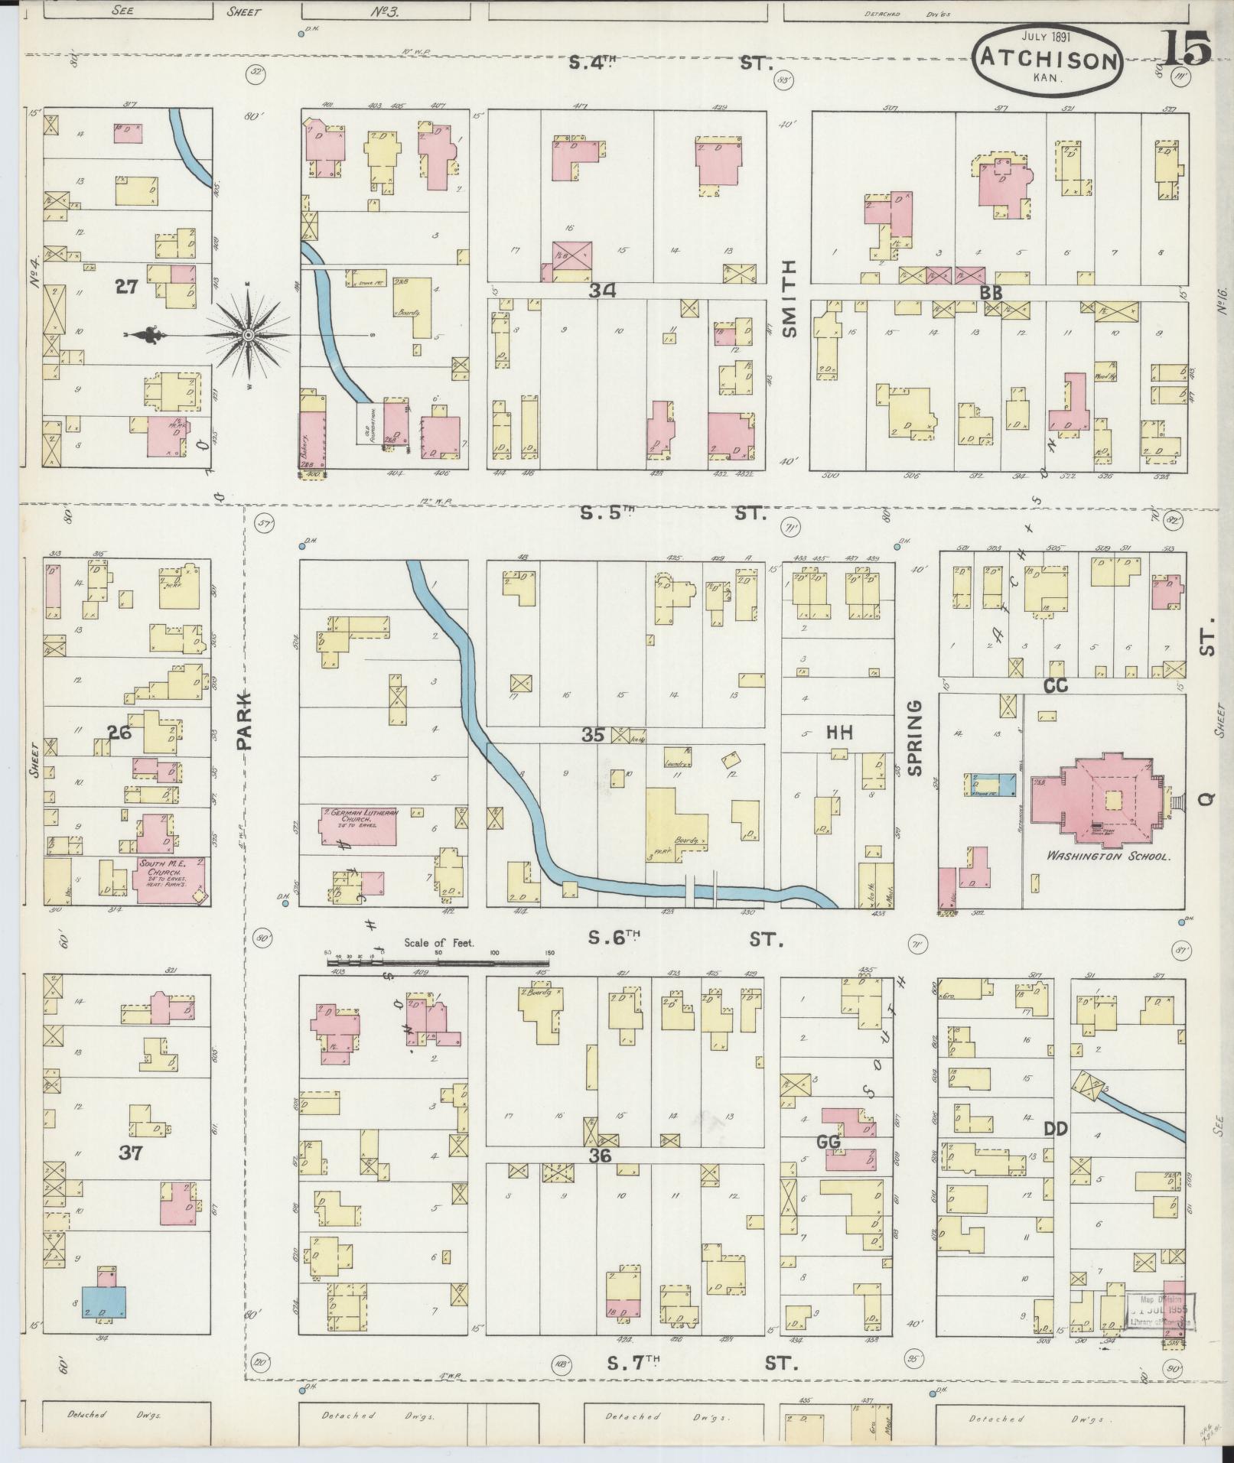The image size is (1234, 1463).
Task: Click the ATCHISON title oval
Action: coord(1049,62)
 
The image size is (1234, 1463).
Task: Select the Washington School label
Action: coord(1109,857)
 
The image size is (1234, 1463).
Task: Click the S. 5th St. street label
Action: coord(673,513)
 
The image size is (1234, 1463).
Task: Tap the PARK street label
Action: coord(243,720)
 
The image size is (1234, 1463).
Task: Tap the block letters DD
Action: coord(1056,1128)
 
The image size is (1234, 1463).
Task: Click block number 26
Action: coord(119,731)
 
